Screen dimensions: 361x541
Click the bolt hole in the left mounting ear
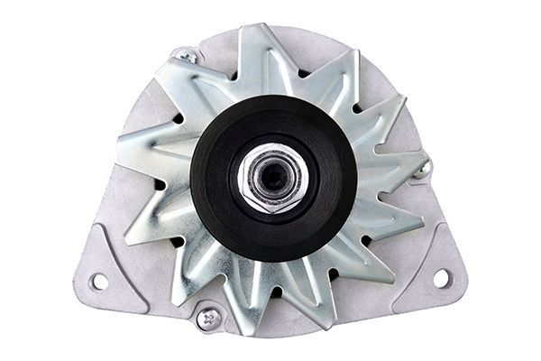click(98, 281)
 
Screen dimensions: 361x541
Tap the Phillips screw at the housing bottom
click(209, 317)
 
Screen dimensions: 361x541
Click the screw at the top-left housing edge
click(187, 55)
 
